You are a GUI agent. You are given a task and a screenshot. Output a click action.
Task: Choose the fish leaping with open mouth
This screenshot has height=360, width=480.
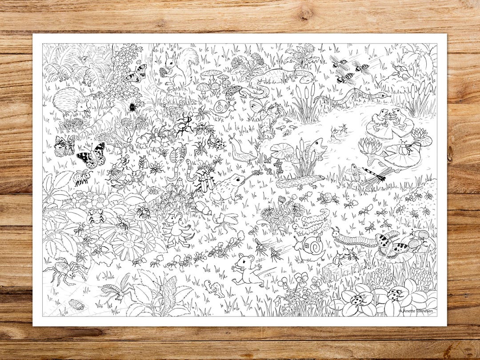point(317,147)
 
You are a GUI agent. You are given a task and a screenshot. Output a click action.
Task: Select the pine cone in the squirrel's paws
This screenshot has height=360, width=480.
point(164,72)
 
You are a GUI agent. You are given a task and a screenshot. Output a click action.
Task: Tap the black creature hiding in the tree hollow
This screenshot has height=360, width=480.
point(132,107)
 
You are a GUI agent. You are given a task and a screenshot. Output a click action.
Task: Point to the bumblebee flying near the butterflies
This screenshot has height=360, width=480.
point(82,176)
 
